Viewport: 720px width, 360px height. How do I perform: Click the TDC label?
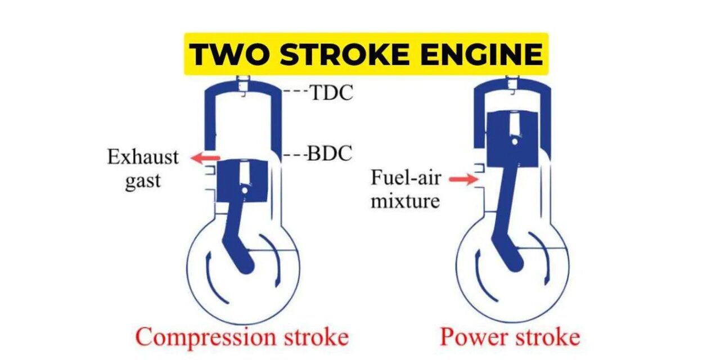pyautogui.click(x=332, y=93)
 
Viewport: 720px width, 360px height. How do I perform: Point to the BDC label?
pyautogui.click(x=330, y=154)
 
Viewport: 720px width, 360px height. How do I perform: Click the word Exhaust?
pyautogui.click(x=143, y=157)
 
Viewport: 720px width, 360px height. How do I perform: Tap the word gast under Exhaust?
pyautogui.click(x=143, y=181)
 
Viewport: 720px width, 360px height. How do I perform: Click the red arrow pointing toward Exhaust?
pyautogui.click(x=205, y=158)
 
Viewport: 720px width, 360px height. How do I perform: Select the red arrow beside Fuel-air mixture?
pyautogui.click(x=463, y=179)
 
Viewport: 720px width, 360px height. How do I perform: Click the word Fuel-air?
pyautogui.click(x=406, y=177)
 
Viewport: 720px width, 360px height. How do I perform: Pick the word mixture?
pyautogui.click(x=406, y=201)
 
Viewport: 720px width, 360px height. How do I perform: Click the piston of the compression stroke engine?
pyautogui.click(x=241, y=181)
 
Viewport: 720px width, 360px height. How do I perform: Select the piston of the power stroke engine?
pyautogui.click(x=512, y=138)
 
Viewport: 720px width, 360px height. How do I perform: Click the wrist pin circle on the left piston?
pyautogui.click(x=245, y=191)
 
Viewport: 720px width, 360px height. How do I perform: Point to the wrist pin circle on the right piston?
pyautogui.click(x=514, y=142)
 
